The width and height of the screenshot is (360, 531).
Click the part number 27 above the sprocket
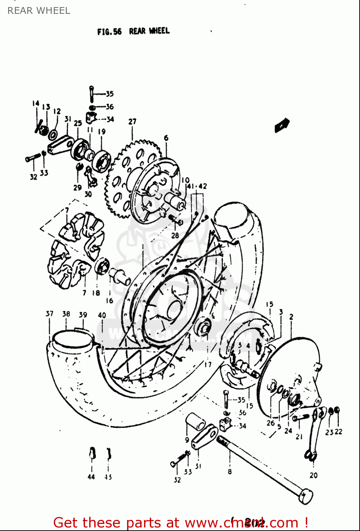pos(132,121)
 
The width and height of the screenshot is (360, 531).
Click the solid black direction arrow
pos(282,125)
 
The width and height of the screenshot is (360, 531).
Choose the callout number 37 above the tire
pos(49,314)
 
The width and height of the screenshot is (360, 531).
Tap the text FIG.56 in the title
pos(109,32)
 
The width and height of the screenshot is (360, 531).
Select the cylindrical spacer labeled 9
pos(196,421)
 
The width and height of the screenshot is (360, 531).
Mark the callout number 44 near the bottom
pos(91,477)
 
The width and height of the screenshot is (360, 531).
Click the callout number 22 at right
pos(338,432)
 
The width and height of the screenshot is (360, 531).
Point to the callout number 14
pos(35,103)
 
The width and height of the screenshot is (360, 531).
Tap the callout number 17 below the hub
pos(208,364)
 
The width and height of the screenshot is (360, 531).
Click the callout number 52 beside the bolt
pos(177,480)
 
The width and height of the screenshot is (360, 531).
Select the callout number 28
pos(175,235)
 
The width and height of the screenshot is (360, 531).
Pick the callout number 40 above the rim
pos(102,315)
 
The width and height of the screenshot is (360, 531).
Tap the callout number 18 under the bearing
pos(96,293)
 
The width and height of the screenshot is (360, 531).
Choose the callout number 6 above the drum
pos(166,138)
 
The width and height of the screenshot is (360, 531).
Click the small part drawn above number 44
pos(92,453)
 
